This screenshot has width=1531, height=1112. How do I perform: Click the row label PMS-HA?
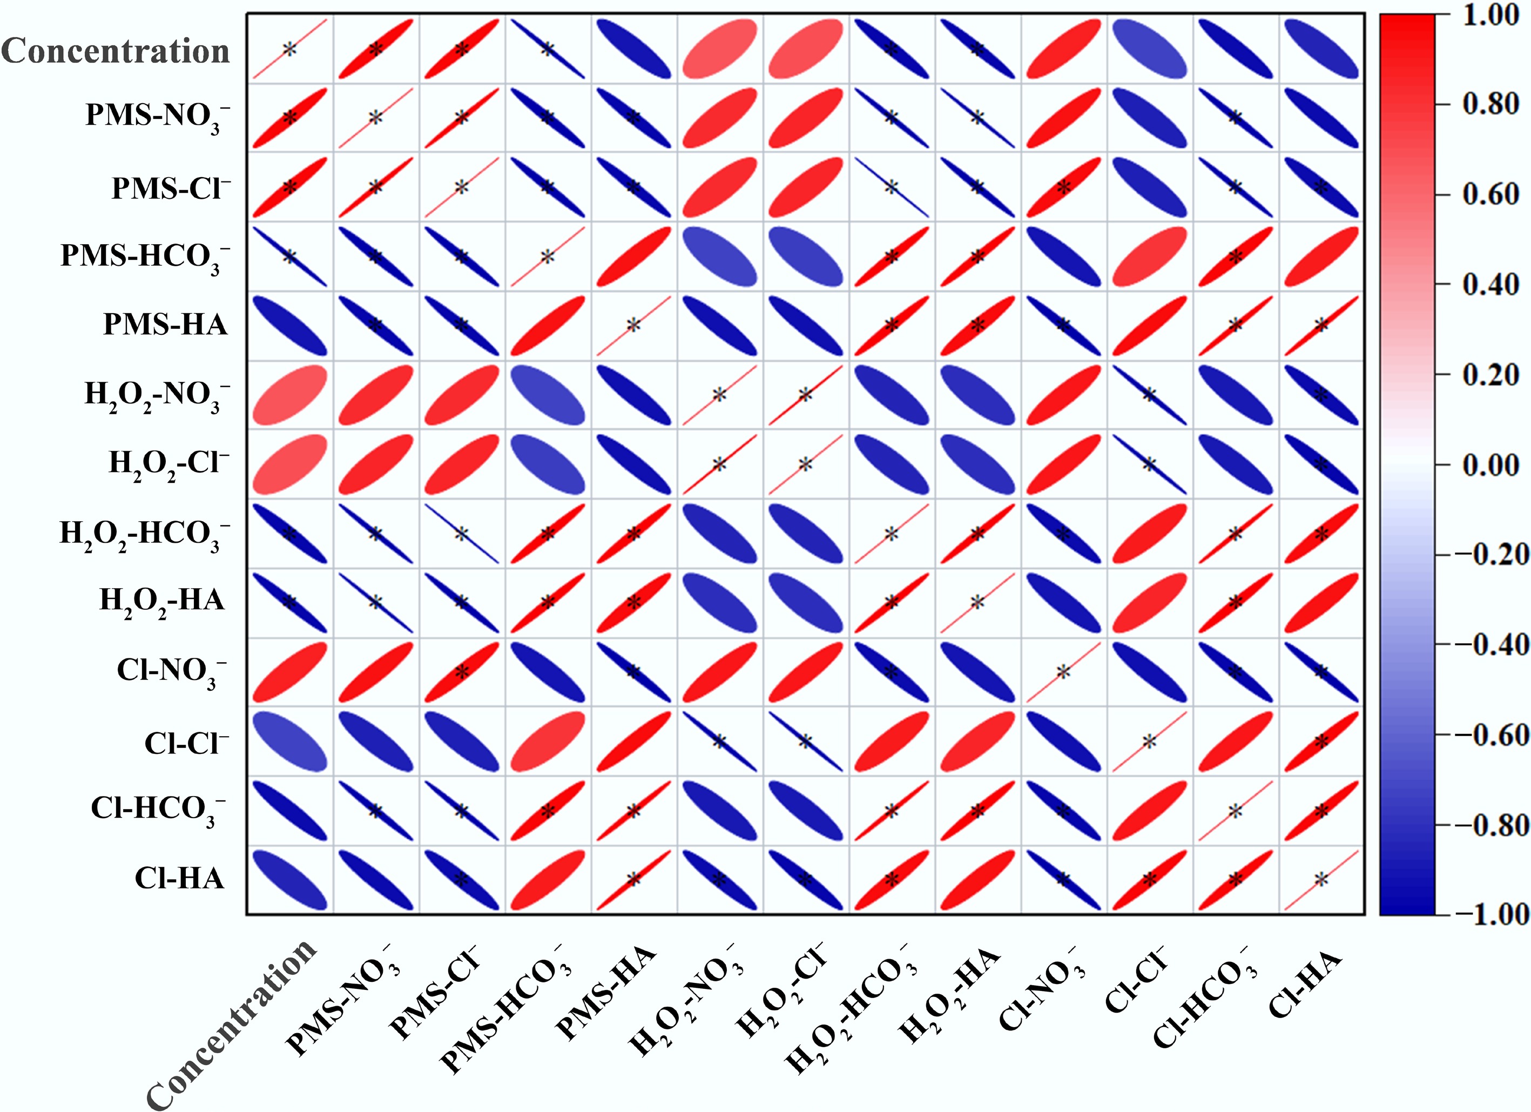(165, 324)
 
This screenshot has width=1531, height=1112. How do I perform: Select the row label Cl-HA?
(179, 878)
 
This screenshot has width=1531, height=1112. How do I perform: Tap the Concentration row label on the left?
(116, 51)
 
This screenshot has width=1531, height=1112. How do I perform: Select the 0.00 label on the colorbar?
(1490, 464)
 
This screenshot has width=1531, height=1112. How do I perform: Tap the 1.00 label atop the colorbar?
(1490, 15)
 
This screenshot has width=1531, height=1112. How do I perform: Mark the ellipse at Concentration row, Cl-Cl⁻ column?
(1149, 49)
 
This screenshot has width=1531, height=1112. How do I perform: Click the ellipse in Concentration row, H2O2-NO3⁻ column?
(719, 49)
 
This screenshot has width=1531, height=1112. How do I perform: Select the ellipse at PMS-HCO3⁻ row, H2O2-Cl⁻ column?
(805, 257)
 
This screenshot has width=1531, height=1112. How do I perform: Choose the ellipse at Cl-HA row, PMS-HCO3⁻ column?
(548, 880)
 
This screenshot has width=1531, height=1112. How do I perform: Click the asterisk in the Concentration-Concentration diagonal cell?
(289, 49)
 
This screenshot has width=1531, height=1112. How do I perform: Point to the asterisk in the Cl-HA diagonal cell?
(1321, 880)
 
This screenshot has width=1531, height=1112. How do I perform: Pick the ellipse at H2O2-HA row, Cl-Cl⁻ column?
(1149, 602)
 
